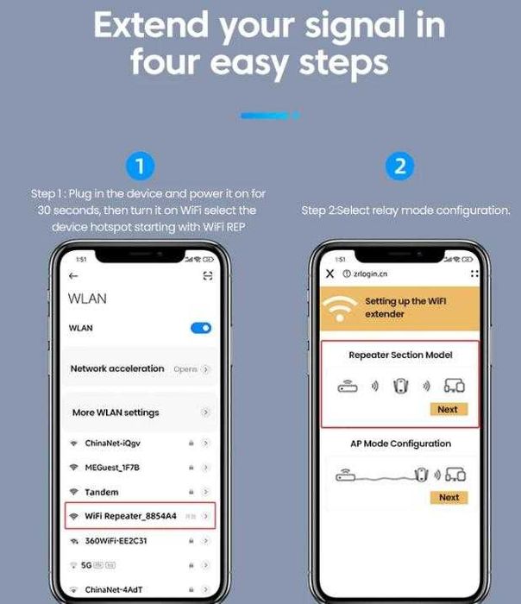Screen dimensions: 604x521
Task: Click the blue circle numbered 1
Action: (x=140, y=167)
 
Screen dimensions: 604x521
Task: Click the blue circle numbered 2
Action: (x=399, y=167)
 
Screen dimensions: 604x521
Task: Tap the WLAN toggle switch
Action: (x=200, y=328)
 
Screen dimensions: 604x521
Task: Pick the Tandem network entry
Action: (x=102, y=492)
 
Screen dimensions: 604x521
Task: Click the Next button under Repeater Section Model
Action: (x=449, y=409)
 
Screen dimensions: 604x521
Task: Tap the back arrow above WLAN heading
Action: (x=73, y=276)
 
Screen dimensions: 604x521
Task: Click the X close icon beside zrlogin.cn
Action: (x=330, y=274)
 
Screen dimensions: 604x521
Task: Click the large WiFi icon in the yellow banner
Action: (x=341, y=308)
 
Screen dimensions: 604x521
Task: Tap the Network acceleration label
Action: (x=117, y=368)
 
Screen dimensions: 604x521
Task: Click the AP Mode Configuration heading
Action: (x=399, y=444)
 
